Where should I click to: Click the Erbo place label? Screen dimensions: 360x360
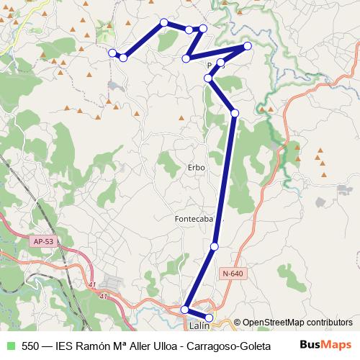click(196, 167)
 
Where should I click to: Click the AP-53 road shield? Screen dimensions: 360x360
click(42, 241)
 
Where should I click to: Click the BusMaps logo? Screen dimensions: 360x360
click(325, 345)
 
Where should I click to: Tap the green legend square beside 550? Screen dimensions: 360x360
click(9, 346)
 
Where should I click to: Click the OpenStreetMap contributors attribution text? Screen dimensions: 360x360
click(299, 323)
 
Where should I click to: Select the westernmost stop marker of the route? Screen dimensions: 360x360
click(112, 53)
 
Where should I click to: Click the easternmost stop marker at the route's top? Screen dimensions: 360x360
click(248, 46)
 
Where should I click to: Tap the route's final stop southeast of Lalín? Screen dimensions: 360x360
click(210, 317)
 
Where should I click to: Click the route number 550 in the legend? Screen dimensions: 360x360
click(30, 346)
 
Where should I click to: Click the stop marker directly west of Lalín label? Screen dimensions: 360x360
click(185, 310)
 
